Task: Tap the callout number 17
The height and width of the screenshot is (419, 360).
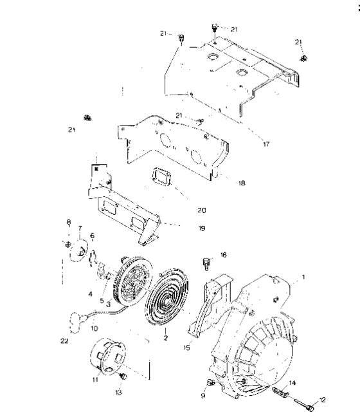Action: pos(265,144)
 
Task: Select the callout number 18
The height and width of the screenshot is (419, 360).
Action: pos(241,183)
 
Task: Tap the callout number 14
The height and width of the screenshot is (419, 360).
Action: pos(294,382)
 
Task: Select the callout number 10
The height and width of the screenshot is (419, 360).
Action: pos(94,328)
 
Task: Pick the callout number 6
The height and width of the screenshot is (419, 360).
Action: pos(91,236)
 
